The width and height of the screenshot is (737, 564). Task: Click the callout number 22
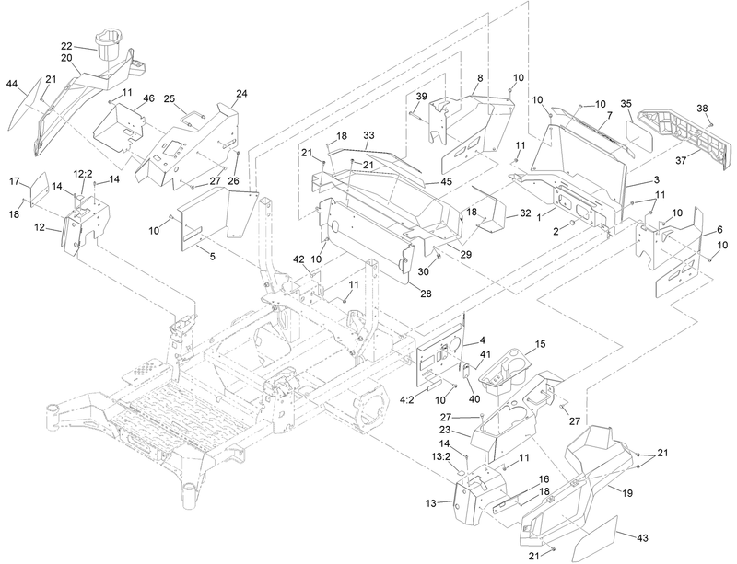coord(66,46)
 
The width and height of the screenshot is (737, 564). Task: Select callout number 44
coord(12,85)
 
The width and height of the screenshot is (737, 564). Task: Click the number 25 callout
coord(170,98)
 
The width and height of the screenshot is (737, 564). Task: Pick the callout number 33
coord(368,134)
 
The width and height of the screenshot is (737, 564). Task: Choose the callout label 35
coord(626,103)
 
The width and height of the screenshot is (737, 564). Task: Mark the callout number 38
coord(702,109)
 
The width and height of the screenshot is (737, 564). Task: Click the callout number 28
coord(426,294)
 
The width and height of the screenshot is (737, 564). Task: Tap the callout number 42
coord(298,260)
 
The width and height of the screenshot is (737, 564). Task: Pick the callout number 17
coord(14,182)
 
